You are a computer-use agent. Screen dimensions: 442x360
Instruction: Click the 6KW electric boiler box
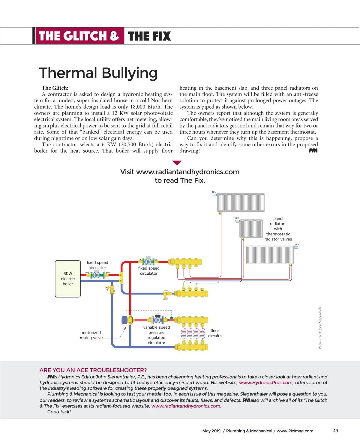(68, 279)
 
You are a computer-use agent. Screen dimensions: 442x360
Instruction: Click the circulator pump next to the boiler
(97, 275)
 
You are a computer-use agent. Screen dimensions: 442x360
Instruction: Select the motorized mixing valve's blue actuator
(124, 320)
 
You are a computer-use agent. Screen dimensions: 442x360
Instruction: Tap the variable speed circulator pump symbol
(157, 320)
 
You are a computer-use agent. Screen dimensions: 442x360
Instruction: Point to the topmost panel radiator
(241, 202)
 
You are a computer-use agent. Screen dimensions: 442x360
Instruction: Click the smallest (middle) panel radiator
(251, 228)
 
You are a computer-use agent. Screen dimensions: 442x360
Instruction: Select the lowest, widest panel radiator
(270, 255)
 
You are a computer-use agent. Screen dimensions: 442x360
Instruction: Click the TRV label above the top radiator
(214, 192)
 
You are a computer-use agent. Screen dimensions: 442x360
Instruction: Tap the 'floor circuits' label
(215, 333)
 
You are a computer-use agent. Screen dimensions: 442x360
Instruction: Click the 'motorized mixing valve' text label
(91, 335)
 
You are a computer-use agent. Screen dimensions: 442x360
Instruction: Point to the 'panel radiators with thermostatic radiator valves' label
(278, 229)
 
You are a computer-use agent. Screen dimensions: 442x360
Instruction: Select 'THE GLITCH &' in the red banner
(79, 36)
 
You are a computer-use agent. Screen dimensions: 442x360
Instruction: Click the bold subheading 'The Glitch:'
(55, 88)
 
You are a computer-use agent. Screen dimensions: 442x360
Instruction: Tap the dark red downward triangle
(177, 163)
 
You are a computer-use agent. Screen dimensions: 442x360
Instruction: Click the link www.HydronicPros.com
(265, 383)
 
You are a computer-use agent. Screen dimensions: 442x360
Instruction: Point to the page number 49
(335, 431)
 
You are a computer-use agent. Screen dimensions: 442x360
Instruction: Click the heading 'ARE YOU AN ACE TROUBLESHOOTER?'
(93, 370)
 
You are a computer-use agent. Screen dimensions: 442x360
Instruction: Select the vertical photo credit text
(320, 327)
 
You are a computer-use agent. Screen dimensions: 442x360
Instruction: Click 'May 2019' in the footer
(211, 431)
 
